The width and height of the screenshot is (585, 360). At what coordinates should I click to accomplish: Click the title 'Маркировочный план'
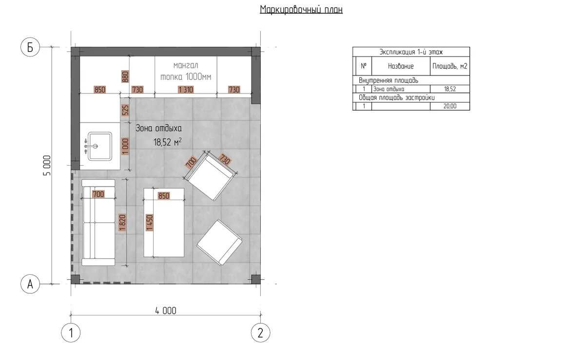pos(301,10)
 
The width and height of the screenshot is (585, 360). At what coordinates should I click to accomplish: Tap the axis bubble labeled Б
pos(30,47)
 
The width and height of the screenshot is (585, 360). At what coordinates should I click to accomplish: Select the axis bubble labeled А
pos(30,284)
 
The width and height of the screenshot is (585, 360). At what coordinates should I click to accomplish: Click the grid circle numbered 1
pos(71,333)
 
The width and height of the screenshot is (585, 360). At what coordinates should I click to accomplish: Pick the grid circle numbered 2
pos(260,333)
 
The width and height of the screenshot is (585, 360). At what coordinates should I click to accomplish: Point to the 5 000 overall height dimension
pos(47,166)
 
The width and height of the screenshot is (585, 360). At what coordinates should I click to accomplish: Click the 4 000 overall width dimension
pos(166,311)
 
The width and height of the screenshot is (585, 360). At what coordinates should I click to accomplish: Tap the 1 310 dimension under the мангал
pos(186,90)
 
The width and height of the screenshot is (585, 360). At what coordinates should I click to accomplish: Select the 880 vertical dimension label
pos(125,77)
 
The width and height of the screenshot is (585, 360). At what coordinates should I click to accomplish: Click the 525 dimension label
pos(125,110)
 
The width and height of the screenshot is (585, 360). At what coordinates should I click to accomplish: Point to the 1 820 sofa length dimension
pos(122,223)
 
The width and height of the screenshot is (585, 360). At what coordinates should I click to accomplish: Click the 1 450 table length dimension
pos(149,223)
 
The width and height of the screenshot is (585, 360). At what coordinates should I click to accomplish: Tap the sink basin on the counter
pos(100,146)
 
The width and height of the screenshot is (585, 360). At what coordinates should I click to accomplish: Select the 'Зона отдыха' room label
pos(159,129)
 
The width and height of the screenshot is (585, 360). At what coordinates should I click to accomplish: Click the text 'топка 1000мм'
pos(186,77)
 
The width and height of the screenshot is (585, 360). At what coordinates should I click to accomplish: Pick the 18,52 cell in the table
pos(449,89)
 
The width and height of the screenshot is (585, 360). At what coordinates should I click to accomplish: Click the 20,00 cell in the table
pos(449,106)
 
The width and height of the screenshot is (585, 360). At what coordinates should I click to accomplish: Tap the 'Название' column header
pos(401,66)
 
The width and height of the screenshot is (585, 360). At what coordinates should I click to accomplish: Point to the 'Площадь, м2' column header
pos(449,66)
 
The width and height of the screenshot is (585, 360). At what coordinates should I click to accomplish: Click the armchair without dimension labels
pos(219,242)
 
